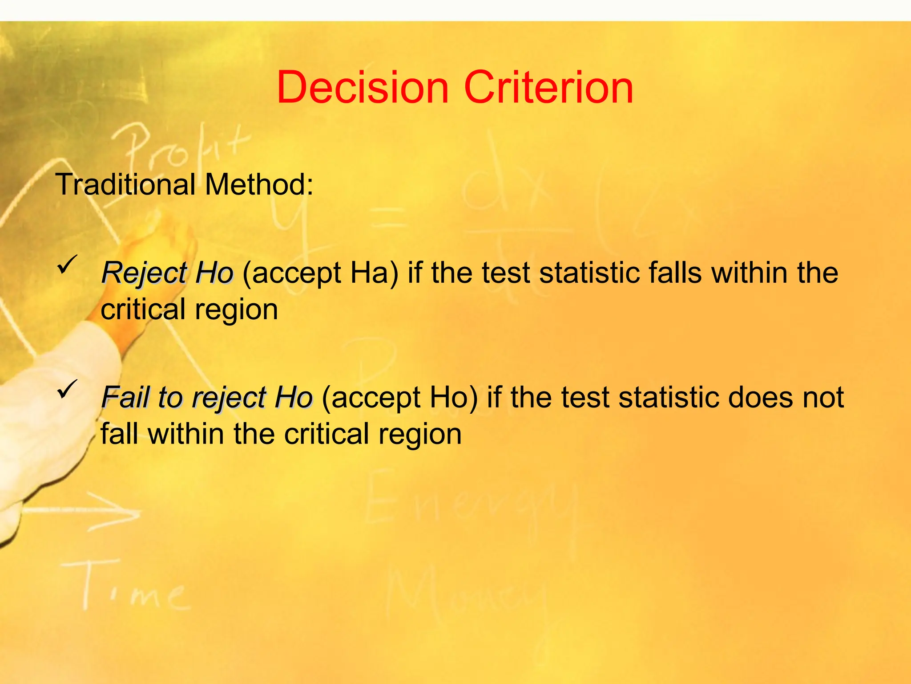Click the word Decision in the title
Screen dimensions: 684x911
tap(363, 88)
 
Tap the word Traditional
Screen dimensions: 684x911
tap(125, 184)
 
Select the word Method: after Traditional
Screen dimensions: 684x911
tap(259, 184)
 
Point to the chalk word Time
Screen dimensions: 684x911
tap(129, 588)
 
